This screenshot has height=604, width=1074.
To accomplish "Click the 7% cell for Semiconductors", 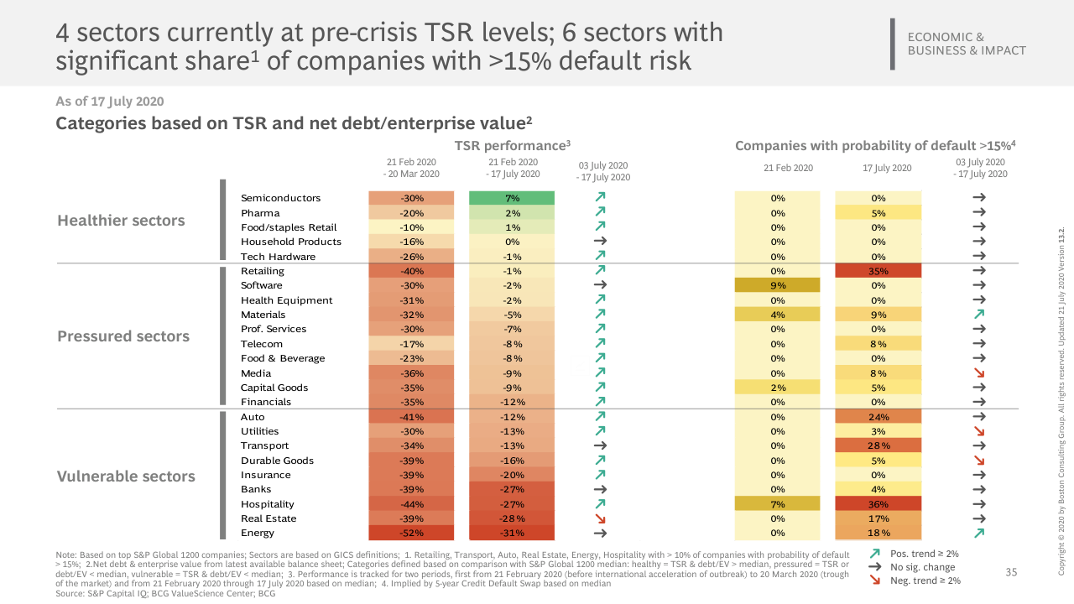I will point(512,198).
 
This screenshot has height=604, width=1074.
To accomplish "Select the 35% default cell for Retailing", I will point(878,271).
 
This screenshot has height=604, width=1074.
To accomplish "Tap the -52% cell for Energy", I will point(410,533).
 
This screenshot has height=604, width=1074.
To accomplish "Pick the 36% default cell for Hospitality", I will point(878,504).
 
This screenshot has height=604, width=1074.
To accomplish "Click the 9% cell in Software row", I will point(777,285).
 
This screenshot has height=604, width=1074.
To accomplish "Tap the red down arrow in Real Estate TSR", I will point(600,518).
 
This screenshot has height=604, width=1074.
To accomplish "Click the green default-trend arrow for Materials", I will point(978,315).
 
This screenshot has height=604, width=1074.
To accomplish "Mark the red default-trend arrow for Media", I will point(978,372).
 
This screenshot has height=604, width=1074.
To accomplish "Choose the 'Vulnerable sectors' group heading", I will point(126,476).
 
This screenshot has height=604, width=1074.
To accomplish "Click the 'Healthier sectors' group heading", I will point(121,221).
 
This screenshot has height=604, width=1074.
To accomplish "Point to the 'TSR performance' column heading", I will point(512,146).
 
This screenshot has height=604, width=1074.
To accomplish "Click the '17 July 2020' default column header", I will point(887,168).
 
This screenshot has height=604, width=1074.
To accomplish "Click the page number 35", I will point(1011,572).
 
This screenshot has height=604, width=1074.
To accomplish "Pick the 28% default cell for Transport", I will point(878,445).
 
